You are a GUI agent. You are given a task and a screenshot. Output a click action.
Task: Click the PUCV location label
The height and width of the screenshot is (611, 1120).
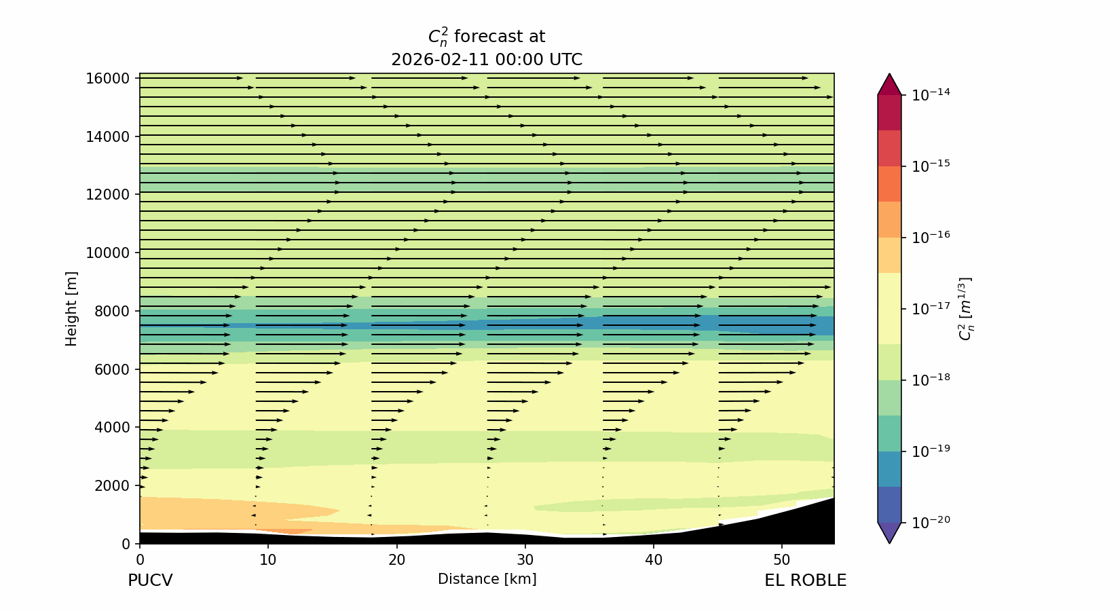click(x=150, y=581)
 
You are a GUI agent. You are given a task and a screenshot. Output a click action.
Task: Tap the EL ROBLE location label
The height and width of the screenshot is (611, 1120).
click(x=805, y=581)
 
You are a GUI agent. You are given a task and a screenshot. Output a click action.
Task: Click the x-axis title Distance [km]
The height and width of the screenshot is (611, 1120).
click(x=487, y=579)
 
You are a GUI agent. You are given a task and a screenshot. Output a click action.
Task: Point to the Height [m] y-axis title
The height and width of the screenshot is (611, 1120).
click(x=71, y=309)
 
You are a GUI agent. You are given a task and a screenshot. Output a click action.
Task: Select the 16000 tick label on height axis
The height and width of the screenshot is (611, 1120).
click(x=107, y=79)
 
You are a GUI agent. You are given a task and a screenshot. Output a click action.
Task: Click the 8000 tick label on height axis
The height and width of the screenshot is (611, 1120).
click(x=111, y=311)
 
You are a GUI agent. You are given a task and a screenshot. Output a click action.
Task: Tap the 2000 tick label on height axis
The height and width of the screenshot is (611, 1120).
click(x=111, y=485)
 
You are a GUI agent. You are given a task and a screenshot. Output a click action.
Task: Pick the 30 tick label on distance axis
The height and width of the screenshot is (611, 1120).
click(x=525, y=561)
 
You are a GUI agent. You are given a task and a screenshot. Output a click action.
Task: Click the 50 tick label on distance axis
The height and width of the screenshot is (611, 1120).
click(x=781, y=561)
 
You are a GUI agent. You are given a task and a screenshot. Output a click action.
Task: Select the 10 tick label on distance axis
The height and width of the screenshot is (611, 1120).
click(x=268, y=561)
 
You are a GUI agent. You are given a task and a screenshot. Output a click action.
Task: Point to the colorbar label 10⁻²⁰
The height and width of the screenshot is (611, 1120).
click(x=931, y=521)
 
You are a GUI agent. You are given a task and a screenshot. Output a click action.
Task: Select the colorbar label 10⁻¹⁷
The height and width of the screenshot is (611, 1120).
click(x=931, y=308)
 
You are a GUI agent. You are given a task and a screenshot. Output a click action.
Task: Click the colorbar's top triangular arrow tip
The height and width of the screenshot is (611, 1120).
click(x=889, y=75)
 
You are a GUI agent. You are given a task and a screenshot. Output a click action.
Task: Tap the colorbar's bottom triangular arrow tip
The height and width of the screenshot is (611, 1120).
click(x=889, y=541)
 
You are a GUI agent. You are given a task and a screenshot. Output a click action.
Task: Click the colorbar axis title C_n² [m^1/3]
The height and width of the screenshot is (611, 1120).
click(x=965, y=309)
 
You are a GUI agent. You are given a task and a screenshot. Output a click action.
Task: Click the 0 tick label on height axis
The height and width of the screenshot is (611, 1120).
click(x=126, y=544)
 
